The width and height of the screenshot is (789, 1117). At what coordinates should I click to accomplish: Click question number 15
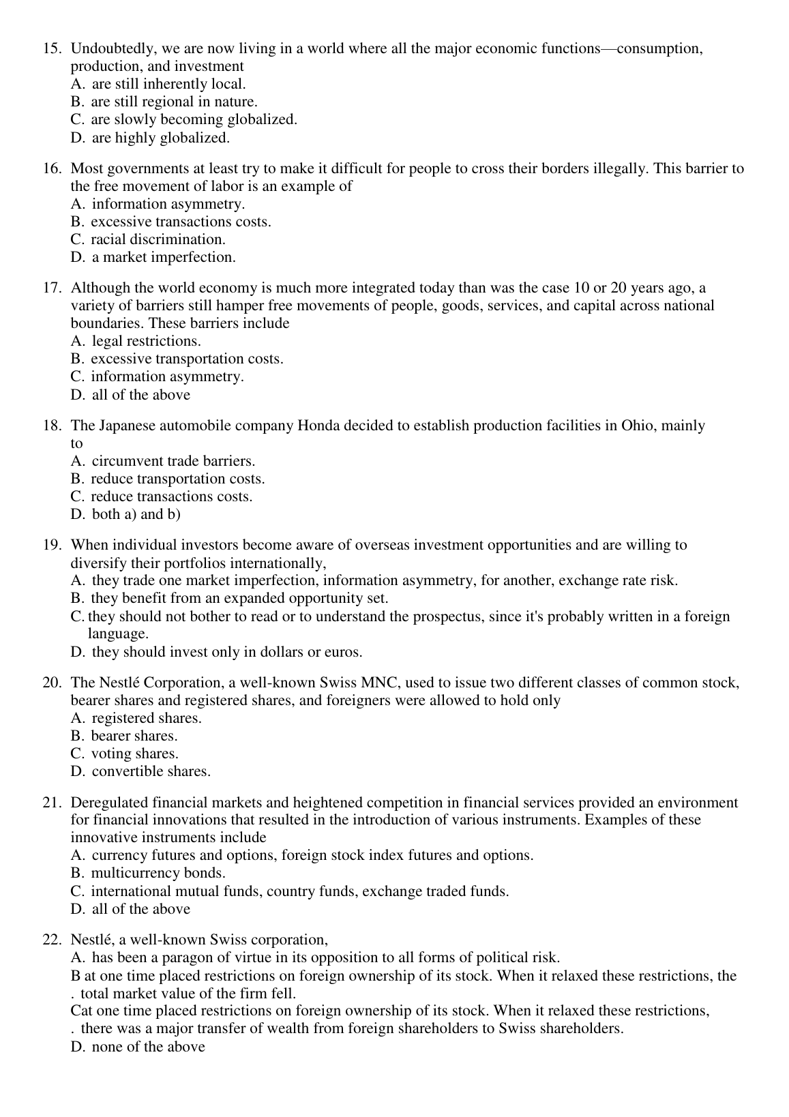click(x=52, y=48)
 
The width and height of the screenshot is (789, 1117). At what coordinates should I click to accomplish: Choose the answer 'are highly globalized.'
click(x=160, y=138)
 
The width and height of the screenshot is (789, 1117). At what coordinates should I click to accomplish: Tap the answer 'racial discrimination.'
click(x=158, y=239)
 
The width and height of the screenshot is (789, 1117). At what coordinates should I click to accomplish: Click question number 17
click(x=52, y=288)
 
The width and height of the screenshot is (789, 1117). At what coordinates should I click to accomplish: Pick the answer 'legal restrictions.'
click(x=146, y=341)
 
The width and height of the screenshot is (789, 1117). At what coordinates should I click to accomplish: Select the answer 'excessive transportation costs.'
click(x=187, y=359)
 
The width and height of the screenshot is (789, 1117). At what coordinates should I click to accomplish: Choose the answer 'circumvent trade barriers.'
click(x=173, y=461)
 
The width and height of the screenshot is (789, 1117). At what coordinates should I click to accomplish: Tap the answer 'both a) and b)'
click(x=136, y=514)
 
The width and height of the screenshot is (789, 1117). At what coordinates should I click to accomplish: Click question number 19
click(x=52, y=545)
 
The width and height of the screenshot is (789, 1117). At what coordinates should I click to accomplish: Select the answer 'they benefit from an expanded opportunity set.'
click(x=239, y=598)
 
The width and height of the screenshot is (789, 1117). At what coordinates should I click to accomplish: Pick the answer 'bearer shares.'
click(x=134, y=736)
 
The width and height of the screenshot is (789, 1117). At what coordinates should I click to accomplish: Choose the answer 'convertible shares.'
click(x=151, y=771)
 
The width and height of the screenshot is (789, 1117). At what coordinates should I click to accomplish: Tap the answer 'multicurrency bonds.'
click(x=158, y=873)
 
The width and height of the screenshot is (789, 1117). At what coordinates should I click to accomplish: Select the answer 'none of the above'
click(x=148, y=1047)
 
